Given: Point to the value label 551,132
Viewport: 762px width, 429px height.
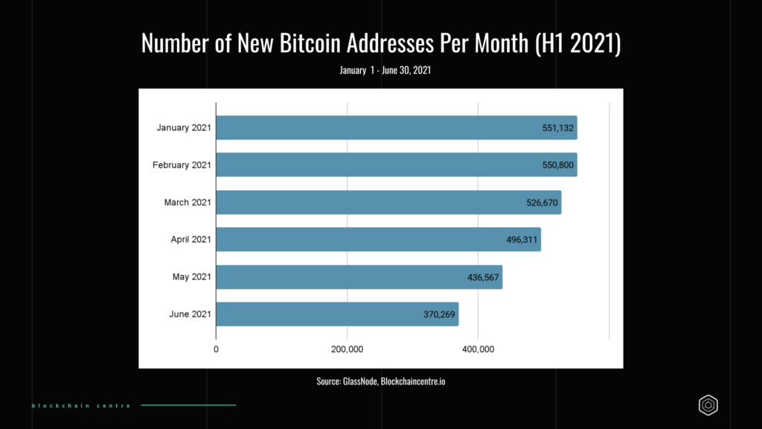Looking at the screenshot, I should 558,128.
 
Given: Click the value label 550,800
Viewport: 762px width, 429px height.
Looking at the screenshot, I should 558,165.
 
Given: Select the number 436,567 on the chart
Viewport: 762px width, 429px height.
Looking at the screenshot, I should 484,277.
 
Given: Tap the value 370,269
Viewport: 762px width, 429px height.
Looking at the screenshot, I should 440,314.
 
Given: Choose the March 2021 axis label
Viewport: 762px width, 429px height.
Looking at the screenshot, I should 188,202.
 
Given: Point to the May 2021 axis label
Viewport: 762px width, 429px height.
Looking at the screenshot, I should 191,276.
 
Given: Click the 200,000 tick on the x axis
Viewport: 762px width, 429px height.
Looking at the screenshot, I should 347,349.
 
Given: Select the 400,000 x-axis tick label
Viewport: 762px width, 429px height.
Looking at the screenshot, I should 478,349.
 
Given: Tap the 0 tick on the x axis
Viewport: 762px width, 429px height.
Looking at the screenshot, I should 216,349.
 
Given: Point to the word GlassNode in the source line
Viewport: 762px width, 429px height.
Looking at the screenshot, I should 360,381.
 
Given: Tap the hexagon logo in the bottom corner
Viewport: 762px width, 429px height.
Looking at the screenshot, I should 708,404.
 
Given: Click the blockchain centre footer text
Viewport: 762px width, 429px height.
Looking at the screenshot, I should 81,405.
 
